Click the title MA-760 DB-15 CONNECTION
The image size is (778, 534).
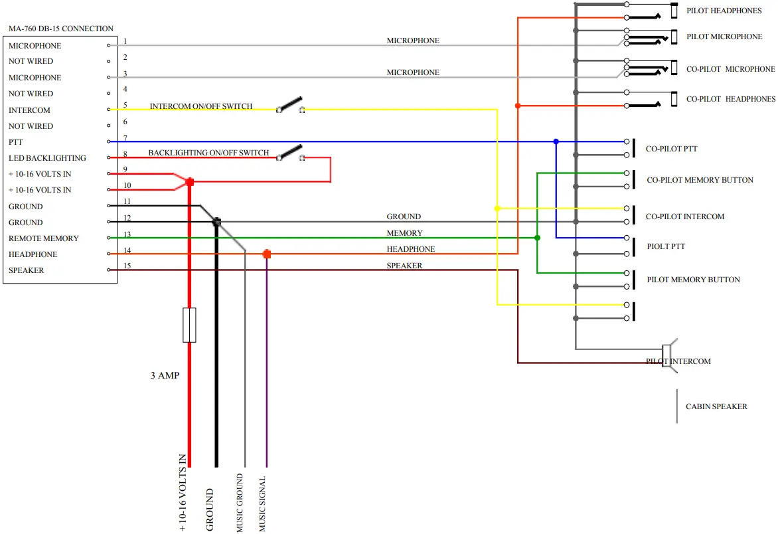pos(61,29)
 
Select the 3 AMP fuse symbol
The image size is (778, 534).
pos(190,325)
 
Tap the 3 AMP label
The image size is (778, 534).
pos(165,376)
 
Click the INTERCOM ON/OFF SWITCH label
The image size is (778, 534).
pos(201,106)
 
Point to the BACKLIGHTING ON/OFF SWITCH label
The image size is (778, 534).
pos(208,153)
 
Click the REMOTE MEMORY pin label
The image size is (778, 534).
pos(44,238)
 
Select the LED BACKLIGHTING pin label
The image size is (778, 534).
pos(47,158)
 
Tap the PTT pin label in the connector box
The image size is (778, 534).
pos(16,142)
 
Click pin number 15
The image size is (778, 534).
pos(127,266)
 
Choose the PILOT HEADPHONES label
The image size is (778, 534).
pos(724,11)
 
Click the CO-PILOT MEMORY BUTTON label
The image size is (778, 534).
pos(700,180)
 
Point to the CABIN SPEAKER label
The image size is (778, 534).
pos(716,406)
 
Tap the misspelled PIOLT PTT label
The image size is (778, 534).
pos(666,246)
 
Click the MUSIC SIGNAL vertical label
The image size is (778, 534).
pos(262,504)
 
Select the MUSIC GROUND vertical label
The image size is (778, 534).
pos(240,503)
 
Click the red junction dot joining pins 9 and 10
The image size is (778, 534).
pos(190,182)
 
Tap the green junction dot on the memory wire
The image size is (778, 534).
pos(537,238)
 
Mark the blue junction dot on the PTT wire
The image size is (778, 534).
pos(556,142)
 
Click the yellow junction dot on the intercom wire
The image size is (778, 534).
pos(497,209)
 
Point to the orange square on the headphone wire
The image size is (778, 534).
pos(267,254)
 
